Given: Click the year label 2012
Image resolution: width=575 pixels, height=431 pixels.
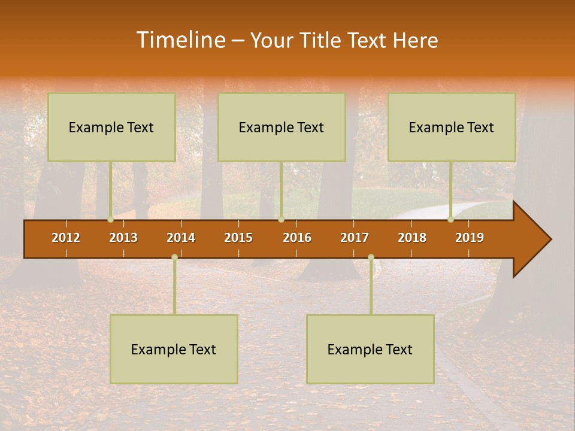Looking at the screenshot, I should click(66, 238).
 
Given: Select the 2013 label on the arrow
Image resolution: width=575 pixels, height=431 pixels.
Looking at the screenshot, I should click(123, 238).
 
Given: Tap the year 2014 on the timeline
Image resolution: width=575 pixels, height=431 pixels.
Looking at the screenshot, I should click(181, 238).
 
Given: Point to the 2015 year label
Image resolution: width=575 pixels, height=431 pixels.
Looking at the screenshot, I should click(238, 238).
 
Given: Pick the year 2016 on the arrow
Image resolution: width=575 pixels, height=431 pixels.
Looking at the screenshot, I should click(297, 238).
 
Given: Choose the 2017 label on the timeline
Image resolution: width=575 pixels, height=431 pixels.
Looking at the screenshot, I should click(355, 238).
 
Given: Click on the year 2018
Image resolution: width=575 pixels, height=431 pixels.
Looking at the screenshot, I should click(412, 238).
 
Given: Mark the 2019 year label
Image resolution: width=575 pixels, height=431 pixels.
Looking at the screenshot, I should click(470, 238).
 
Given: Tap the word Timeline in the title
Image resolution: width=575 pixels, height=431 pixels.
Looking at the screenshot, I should click(180, 40).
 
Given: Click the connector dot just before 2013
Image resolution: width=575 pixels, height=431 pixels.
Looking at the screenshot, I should click(110, 219).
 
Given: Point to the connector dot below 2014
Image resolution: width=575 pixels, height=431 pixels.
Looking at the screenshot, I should click(174, 257).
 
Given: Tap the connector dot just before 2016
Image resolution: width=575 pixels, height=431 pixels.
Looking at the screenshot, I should click(281, 219).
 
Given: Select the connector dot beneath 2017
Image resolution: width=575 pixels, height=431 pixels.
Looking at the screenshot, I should click(371, 257).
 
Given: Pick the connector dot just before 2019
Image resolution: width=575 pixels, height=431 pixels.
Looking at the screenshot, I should click(451, 219).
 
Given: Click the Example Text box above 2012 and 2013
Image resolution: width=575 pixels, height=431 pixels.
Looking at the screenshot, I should click(111, 127).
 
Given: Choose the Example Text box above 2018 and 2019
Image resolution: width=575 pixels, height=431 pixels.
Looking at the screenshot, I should click(452, 127).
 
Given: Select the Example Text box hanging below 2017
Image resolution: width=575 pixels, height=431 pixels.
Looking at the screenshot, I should click(370, 349).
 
